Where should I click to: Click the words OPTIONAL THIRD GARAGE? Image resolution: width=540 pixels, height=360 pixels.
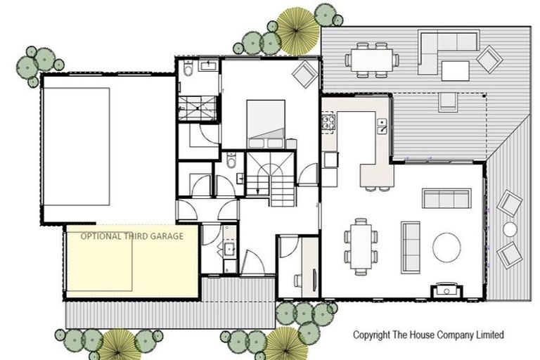tap(131, 236)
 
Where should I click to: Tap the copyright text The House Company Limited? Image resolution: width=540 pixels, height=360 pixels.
tap(427, 335)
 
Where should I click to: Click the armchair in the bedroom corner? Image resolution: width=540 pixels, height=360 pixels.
tap(304, 74)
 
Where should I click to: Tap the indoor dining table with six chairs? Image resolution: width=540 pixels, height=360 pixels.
tap(360, 246)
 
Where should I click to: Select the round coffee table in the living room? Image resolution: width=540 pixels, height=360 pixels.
tap(446, 247)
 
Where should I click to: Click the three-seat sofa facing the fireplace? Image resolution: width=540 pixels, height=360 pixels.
tap(410, 247)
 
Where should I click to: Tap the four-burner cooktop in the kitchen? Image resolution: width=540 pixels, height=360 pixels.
tap(328, 124)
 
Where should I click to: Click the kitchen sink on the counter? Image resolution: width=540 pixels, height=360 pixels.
tap(381, 127)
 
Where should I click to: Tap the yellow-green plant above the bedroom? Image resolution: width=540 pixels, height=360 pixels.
tap(297, 31)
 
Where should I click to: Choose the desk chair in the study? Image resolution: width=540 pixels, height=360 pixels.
tap(298, 281)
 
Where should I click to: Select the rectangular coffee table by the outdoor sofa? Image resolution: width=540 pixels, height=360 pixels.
tap(455, 71)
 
